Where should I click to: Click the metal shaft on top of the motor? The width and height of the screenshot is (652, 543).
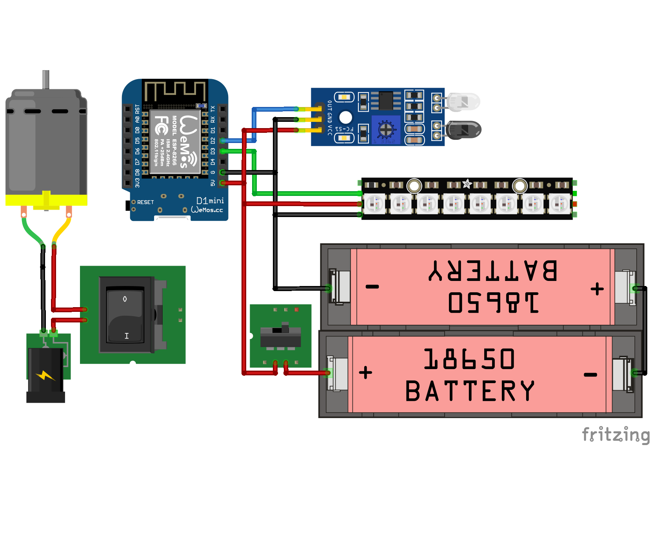point(46,79)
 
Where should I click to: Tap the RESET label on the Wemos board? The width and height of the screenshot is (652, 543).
point(145,202)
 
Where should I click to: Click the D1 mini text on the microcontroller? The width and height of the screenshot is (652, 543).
point(210,201)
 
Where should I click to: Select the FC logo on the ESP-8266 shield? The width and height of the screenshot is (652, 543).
point(161,125)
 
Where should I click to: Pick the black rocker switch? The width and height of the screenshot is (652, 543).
point(125,315)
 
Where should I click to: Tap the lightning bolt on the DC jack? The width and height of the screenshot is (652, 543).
point(45,376)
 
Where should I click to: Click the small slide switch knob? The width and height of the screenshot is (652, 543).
point(285,328)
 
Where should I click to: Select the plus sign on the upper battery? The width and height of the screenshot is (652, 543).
point(597,289)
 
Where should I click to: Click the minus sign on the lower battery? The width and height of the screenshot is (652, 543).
point(590,375)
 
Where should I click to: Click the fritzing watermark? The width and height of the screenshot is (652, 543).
point(616,434)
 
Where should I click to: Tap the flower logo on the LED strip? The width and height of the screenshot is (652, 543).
point(467,184)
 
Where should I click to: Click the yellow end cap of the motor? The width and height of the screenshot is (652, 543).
point(46,200)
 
